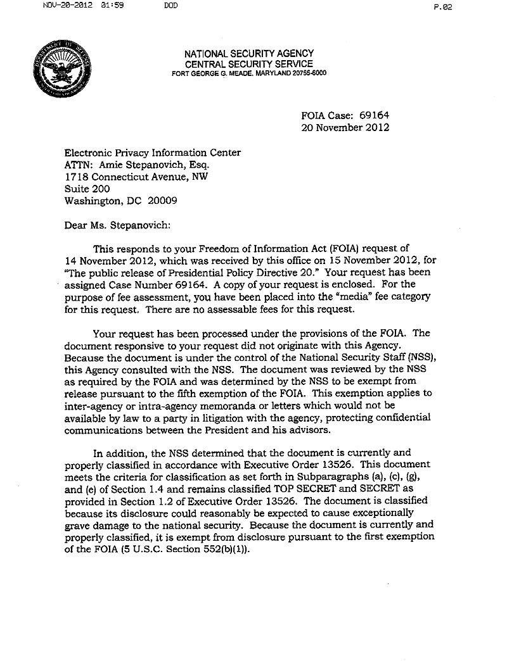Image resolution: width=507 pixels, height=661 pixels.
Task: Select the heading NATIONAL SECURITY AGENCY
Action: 248,54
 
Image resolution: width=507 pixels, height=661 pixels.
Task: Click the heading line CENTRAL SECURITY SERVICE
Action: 248,64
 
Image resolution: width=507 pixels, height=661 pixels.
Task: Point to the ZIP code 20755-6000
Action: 307,73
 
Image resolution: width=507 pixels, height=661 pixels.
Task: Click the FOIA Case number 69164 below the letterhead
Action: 374,116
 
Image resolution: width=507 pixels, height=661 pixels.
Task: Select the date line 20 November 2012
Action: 345,127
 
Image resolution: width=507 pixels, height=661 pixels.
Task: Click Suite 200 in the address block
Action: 87,189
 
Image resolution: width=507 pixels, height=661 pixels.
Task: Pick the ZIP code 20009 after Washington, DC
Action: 162,201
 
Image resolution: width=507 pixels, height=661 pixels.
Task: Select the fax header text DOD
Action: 170,6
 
